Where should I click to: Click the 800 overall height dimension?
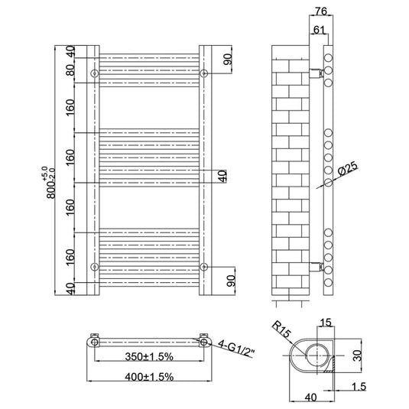pos(51,183)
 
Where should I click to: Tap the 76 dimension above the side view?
pos(321,11)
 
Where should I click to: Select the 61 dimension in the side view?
pos(319,30)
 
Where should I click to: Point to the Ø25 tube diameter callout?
pos(348,170)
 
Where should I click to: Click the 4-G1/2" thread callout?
pos(236,349)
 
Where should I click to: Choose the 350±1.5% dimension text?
pos(149,356)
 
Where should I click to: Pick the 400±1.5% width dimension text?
pos(149,377)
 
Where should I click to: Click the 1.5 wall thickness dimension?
pos(359,387)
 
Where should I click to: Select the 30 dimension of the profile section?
pos(358,355)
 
